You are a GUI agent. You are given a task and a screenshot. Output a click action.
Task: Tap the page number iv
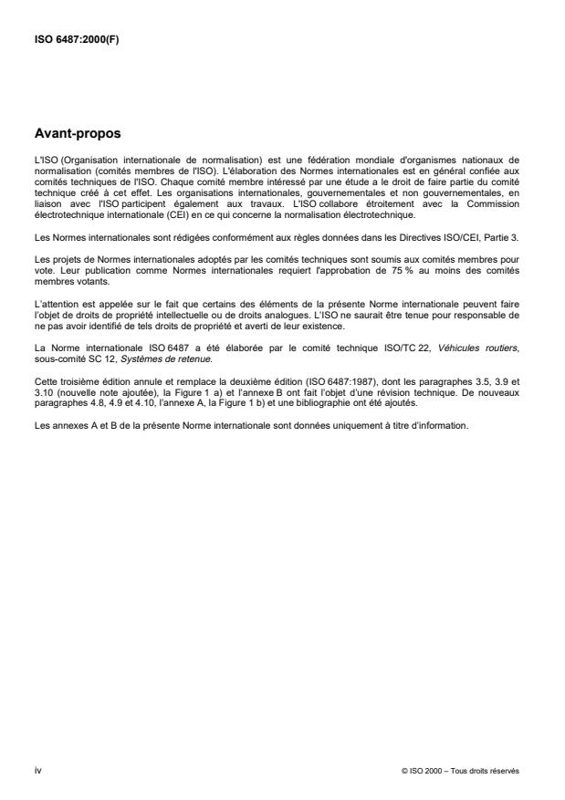pos(37,770)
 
